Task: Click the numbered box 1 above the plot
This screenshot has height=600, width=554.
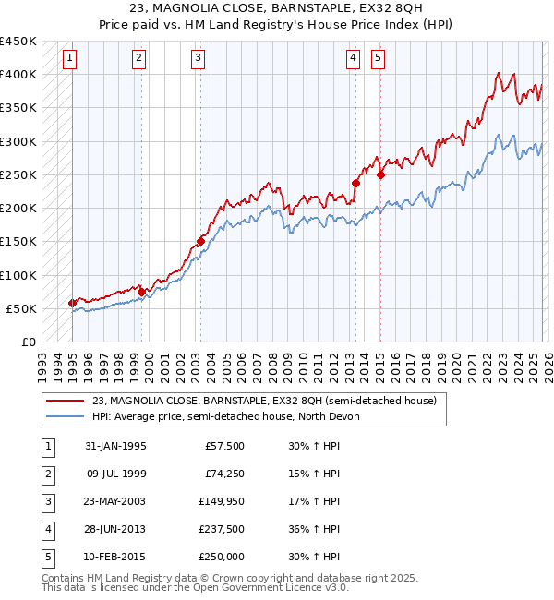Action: (x=70, y=58)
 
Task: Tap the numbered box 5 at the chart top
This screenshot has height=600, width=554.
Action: (x=379, y=58)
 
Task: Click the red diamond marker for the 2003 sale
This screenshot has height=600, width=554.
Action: (x=200, y=242)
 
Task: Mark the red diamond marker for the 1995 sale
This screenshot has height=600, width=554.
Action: (x=73, y=303)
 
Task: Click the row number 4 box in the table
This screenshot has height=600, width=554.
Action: (x=48, y=529)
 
